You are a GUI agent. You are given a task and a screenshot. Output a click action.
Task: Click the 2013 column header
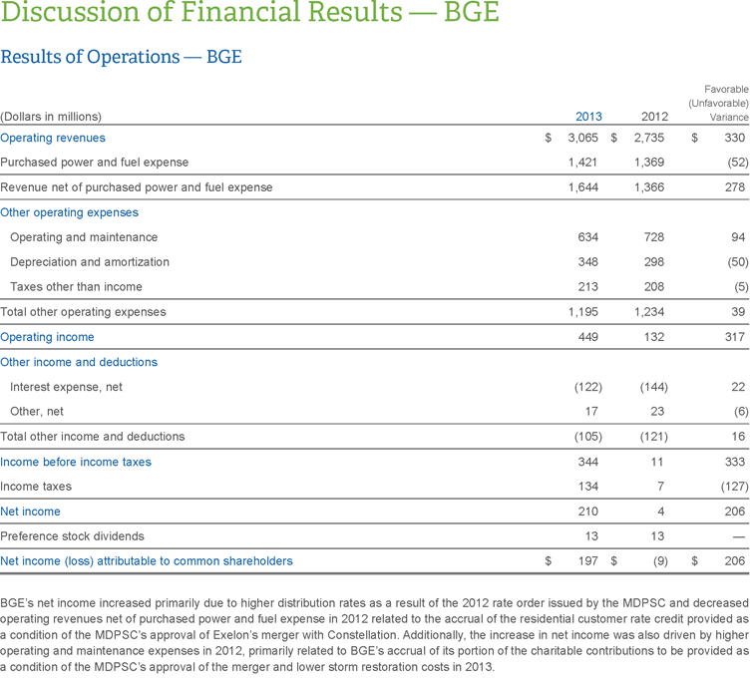(x=588, y=117)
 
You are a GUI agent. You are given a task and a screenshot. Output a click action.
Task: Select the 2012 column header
(x=654, y=117)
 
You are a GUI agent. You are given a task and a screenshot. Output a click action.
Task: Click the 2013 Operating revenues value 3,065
(x=583, y=138)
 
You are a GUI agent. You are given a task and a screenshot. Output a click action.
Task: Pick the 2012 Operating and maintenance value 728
(x=654, y=237)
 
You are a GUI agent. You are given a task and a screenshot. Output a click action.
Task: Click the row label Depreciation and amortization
(x=89, y=262)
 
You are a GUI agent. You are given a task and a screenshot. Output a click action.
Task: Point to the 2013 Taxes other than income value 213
(x=588, y=287)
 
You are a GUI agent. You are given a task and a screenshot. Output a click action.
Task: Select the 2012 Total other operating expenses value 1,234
(x=650, y=312)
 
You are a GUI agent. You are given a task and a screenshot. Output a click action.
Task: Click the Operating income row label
(x=47, y=337)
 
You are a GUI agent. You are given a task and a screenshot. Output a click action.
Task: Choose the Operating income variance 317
(x=735, y=337)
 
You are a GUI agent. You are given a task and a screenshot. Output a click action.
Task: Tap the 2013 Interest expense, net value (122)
(x=585, y=387)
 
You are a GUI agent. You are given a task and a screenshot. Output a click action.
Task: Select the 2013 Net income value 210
(x=588, y=511)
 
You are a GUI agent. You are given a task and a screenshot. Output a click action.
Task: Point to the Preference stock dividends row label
(x=72, y=536)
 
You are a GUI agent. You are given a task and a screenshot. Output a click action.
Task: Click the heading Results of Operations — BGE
(x=121, y=57)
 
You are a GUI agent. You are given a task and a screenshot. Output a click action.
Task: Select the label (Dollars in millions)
(x=51, y=117)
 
